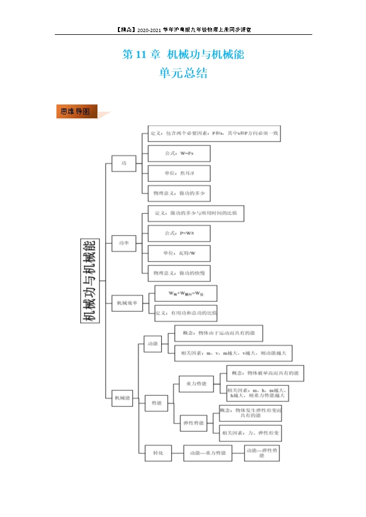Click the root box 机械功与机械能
pos(89,280)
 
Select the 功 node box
pos(124,163)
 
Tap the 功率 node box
pos(124,243)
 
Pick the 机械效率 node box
pos(127,302)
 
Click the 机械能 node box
pos(122,398)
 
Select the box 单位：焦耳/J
pos(179,173)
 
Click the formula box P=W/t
pos(179,234)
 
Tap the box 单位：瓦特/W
pos(179,254)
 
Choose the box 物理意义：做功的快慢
pos(179,273)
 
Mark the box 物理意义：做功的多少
pos(179,194)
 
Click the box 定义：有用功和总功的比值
pos(185,313)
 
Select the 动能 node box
pos(152,343)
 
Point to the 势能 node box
pos(157,403)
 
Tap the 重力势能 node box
pos(197,384)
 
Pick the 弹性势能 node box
pos(193,423)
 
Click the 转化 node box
pos(158,453)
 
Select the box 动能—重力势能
pos(207,453)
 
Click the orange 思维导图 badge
pos(76,112)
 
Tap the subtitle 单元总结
pos(183,74)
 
